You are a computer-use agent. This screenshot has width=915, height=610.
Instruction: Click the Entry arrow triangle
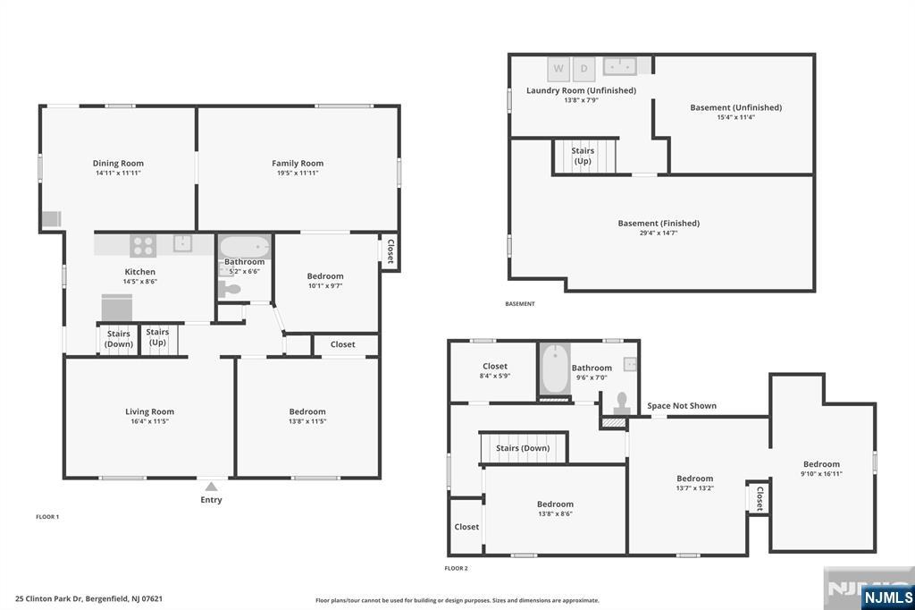tap(211, 487)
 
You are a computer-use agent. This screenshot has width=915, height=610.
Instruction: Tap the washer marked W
tap(558, 69)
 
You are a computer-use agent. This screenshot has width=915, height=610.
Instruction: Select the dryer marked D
tap(584, 69)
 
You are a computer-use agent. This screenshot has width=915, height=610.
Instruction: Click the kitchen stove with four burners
tap(143, 245)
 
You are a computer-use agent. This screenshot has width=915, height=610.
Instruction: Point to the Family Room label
tap(298, 164)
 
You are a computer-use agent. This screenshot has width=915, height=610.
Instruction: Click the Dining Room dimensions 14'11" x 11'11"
tap(119, 173)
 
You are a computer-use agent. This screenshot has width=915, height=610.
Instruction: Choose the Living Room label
tap(149, 411)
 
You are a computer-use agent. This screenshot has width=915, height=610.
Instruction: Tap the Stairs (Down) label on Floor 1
tap(119, 339)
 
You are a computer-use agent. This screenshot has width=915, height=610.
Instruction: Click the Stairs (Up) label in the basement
tap(583, 156)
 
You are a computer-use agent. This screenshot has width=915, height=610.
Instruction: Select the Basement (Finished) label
tap(659, 224)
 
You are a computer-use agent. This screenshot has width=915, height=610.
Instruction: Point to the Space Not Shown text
tap(682, 405)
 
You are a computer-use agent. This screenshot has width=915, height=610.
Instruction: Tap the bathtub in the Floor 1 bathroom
tap(245, 247)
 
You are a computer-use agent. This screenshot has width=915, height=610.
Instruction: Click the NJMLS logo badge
tap(887, 597)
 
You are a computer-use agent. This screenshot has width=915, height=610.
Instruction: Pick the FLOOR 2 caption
tap(457, 568)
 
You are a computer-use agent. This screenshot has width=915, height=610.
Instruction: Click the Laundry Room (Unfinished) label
tap(581, 90)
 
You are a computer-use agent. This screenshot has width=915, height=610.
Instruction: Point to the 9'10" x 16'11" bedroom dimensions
tap(822, 474)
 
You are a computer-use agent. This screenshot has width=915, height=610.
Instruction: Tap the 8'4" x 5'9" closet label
tap(495, 376)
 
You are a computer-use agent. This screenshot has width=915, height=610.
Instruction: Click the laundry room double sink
tap(620, 66)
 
